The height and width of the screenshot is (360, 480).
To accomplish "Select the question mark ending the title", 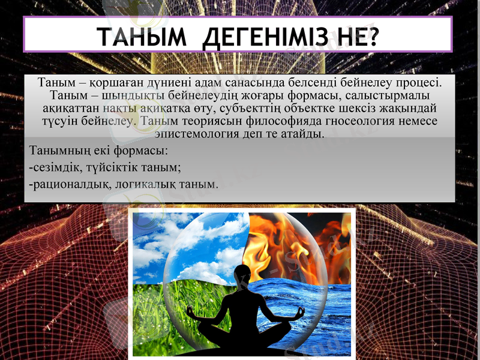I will tap(374, 37).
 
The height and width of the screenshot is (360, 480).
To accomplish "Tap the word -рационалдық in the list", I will tap(70, 184).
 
